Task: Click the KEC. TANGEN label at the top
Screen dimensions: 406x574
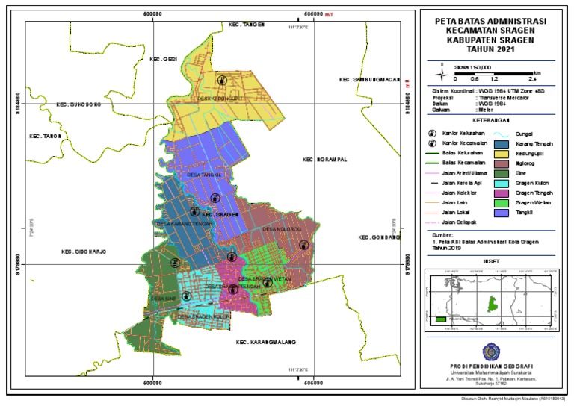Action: pos(247,25)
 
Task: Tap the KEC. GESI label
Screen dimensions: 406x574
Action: pos(163,60)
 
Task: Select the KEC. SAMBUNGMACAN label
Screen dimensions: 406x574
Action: pos(369,79)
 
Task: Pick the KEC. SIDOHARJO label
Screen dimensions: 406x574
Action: pos(84,252)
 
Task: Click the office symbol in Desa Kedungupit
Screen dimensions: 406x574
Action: pos(221,80)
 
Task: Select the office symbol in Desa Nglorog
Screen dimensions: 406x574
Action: pos(303,244)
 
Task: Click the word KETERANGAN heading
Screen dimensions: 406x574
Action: pos(491,119)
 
